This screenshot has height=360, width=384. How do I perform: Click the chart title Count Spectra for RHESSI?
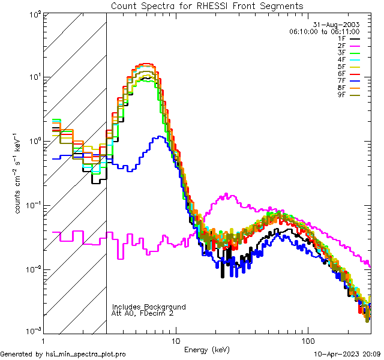pos(207,5)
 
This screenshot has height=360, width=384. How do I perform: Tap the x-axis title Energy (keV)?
pos(208,349)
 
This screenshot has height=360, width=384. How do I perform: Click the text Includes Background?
pos(148,307)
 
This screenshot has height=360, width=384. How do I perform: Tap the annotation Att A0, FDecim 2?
pos(143,313)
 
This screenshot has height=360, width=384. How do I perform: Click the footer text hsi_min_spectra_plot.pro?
pos(86,354)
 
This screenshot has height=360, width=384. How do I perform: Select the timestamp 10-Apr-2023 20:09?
pos(348,354)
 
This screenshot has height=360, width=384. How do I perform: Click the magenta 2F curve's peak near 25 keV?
pos(227,194)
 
